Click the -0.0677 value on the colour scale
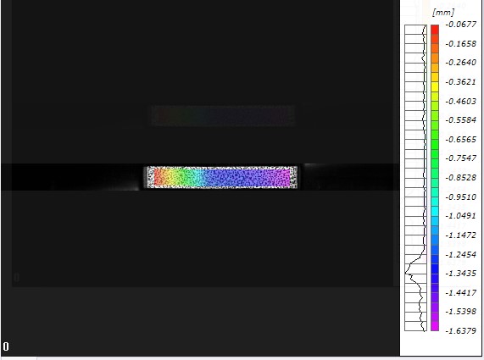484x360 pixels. coord(460,25)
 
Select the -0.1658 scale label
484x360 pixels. coord(460,44)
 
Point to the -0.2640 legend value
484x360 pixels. coord(460,63)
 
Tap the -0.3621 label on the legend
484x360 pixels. coord(460,82)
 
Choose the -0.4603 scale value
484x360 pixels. coord(460,102)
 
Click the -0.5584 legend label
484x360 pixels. coord(460,120)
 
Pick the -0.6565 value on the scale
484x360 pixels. coord(460,140)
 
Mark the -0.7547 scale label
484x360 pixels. coord(460,158)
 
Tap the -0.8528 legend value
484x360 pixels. coord(460,178)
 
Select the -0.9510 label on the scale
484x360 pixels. coord(460,197)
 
